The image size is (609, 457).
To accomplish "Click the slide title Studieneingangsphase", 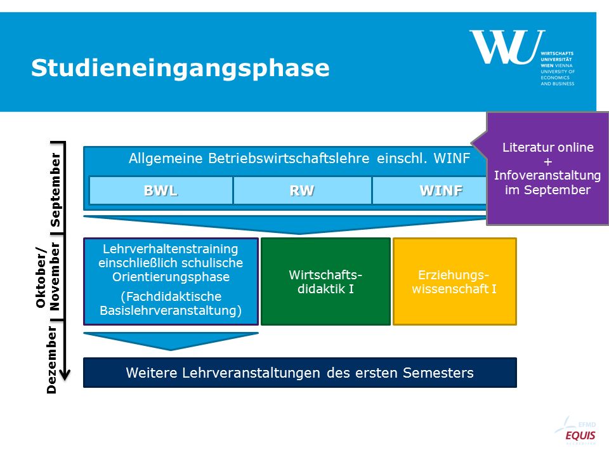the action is (180, 69).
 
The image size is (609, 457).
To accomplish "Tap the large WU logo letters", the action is (507, 46).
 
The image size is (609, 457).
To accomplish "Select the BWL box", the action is (160, 190).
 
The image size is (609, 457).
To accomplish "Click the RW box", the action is (302, 190).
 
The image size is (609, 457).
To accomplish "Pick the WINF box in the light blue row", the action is (429, 190).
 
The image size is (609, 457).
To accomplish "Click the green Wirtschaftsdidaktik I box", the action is (325, 281).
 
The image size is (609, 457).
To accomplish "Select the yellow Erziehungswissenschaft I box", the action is (454, 281).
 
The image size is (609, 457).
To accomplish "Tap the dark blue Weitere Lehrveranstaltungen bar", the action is (300, 373).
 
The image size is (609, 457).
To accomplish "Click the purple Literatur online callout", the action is (547, 168).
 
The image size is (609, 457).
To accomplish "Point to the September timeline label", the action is (56, 190).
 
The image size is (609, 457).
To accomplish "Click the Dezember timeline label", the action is (51, 359).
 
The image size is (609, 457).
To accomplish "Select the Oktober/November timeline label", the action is (48, 276).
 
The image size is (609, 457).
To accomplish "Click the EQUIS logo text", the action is (580, 435).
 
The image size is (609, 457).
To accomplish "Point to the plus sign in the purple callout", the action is (547, 161).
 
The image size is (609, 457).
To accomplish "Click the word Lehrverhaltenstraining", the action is (171, 249).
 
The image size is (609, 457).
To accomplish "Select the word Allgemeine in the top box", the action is (166, 159).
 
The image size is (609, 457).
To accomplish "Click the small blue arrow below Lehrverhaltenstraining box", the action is (171, 341).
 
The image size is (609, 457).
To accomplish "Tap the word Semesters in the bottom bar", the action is (438, 373).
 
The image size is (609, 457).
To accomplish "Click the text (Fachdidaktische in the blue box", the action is (171, 296).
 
